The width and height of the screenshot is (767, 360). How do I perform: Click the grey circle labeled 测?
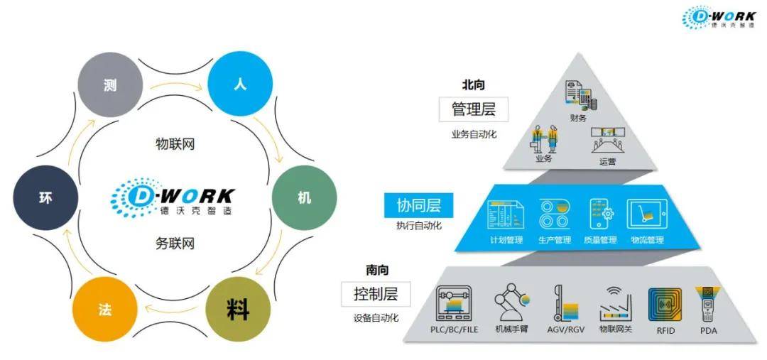pos(109,85)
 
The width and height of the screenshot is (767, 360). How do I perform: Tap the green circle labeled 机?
pos(304,197)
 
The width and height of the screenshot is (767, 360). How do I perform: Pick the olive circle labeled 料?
pos(238,310)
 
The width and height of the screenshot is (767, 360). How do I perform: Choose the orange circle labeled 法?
pos(104,310)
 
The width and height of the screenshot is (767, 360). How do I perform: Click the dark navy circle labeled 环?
pos(45,198)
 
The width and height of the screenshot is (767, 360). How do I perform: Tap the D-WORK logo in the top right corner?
pos(719,18)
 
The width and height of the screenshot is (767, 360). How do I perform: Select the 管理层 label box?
pos(474,109)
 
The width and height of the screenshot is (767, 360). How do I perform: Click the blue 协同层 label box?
pos(418,205)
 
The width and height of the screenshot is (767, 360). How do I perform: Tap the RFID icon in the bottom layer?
pos(665,305)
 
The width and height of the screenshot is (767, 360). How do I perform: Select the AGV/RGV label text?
pos(565,330)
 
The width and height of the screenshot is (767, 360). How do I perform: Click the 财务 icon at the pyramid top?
pos(579,95)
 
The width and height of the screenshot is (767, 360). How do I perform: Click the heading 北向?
pos(473,85)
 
